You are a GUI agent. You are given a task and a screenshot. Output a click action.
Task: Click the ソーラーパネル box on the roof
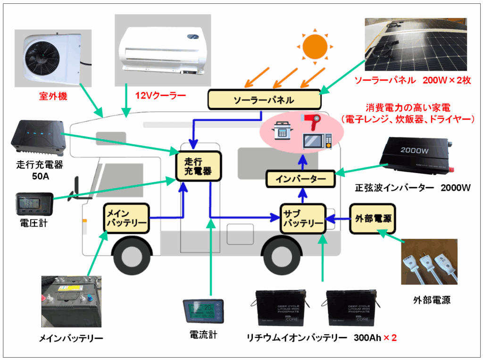(x=264, y=100)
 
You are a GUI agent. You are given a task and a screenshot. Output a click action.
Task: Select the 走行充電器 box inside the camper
(x=199, y=165)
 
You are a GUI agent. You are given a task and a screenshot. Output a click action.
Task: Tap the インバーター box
(x=300, y=179)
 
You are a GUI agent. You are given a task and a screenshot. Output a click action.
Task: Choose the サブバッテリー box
(x=302, y=218)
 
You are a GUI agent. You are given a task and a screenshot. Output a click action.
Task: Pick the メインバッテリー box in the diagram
(x=126, y=218)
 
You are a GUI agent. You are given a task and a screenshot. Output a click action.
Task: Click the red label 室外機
(x=53, y=97)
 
